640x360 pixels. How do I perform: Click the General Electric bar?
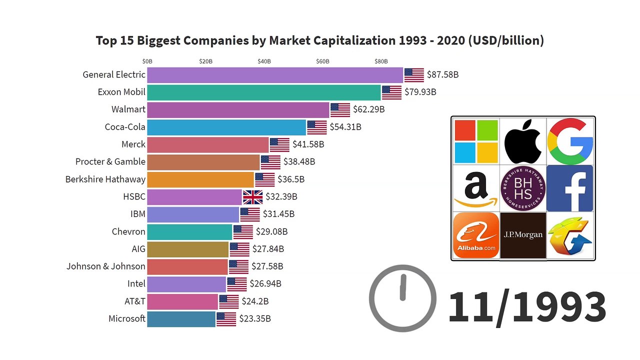[x=275, y=75]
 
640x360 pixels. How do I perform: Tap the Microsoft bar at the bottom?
[x=181, y=319]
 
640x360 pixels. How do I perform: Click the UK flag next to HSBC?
[x=253, y=197]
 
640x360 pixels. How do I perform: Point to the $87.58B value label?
[x=442, y=75]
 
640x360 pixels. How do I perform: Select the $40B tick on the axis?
[x=264, y=61]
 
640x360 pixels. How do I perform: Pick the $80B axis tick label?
[x=381, y=61]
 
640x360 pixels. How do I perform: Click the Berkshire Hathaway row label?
[x=105, y=179]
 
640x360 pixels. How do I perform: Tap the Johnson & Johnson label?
[x=105, y=266]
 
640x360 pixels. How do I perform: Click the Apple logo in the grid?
[x=523, y=141]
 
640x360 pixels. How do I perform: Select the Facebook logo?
[x=569, y=188]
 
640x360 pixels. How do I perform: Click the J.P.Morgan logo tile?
[x=523, y=235]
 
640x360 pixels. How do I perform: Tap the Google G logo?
[x=570, y=141]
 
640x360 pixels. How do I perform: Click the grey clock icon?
[x=402, y=298]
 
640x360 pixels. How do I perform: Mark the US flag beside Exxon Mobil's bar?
[x=391, y=92]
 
